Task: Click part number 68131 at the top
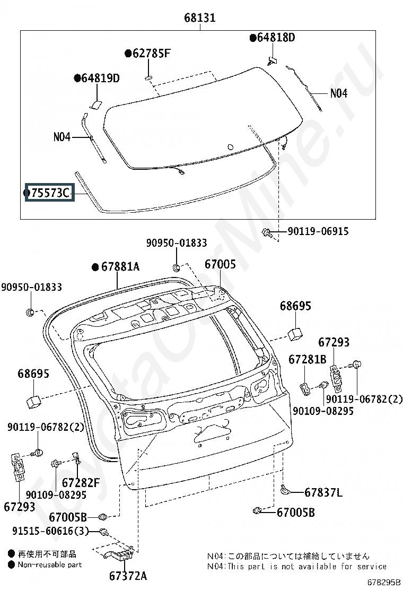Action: click(x=199, y=18)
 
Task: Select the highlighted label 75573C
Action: click(x=50, y=193)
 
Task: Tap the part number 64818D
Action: click(x=276, y=37)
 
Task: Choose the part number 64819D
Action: click(x=100, y=78)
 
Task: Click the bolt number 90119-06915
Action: click(x=318, y=231)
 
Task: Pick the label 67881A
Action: click(x=120, y=267)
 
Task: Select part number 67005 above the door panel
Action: click(x=220, y=264)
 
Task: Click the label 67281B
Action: click(x=308, y=359)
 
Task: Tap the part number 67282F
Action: click(x=81, y=482)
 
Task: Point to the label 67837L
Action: click(x=323, y=492)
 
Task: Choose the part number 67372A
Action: click(x=128, y=576)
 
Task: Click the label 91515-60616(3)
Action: click(x=50, y=531)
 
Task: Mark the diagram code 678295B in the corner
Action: click(x=383, y=582)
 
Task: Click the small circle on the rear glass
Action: click(x=231, y=147)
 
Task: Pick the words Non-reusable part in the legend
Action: click(x=50, y=565)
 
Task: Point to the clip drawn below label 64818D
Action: click(x=271, y=60)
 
